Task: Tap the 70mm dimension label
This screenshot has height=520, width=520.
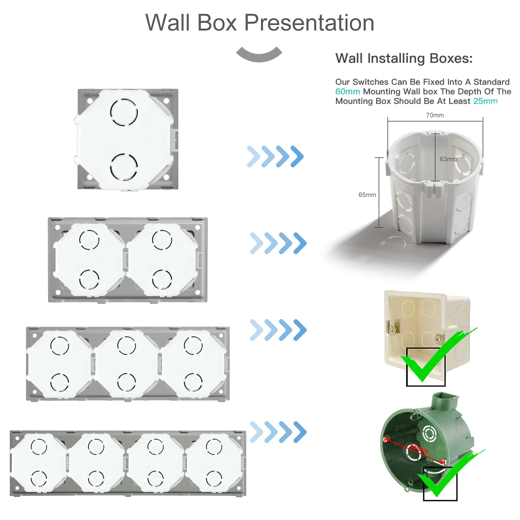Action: click(x=435, y=115)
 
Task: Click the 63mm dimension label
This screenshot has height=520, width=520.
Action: click(x=448, y=159)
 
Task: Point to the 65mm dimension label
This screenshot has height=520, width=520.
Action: click(x=367, y=195)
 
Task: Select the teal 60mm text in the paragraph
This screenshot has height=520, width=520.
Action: click(x=347, y=92)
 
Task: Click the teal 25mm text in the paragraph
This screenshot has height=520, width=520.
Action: click(x=485, y=101)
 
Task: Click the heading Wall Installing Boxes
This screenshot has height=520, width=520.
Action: click(x=404, y=58)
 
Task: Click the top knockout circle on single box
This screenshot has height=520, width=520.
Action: click(x=124, y=112)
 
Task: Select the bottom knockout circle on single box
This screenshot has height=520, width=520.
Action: click(x=124, y=167)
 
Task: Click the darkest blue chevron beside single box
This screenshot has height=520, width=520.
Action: click(x=297, y=156)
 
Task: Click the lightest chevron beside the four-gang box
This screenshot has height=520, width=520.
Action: click(x=256, y=432)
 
